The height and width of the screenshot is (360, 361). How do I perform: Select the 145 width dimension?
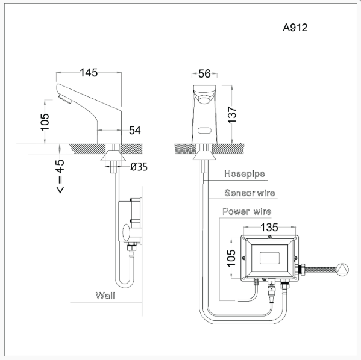coord(90,73)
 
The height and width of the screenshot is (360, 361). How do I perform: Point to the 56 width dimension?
coord(204,73)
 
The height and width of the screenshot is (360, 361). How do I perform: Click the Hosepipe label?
coord(245,174)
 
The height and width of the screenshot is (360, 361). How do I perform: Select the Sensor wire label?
coord(249,193)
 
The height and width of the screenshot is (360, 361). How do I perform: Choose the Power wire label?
coord(246,212)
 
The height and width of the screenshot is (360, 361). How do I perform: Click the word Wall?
coord(105,296)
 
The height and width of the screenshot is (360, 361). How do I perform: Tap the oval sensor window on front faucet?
coord(204,130)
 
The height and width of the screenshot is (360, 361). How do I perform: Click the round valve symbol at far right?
coord(342,269)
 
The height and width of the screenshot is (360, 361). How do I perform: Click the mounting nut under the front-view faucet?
coord(204,155)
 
